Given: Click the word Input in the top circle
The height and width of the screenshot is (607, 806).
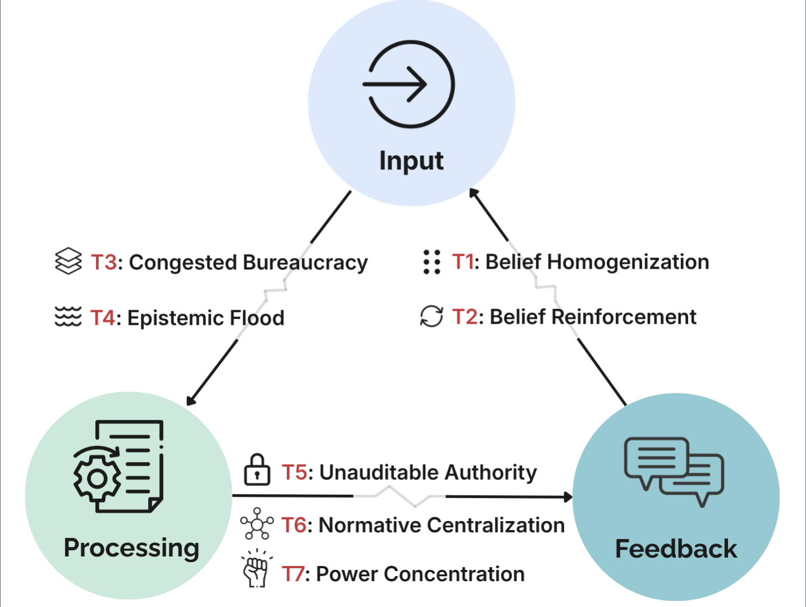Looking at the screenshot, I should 411,161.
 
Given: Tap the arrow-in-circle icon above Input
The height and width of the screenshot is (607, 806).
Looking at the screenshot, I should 409,84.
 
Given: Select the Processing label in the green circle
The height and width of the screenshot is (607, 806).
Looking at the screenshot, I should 131,548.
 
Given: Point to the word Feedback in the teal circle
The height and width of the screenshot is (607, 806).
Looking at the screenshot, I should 676,549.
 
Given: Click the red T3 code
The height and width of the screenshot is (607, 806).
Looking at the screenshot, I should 104,263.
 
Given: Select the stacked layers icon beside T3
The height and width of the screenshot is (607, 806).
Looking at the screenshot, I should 68,261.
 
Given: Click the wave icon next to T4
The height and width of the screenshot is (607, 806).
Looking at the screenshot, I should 68,317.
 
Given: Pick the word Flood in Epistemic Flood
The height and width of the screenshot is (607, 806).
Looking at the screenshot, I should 257,318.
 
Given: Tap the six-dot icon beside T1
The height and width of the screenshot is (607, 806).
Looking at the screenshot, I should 431,262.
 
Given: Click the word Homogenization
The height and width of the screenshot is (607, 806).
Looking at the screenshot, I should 628,262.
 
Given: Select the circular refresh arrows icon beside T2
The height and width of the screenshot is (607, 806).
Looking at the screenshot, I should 431,316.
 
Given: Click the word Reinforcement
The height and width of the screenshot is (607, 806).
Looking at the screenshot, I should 624,317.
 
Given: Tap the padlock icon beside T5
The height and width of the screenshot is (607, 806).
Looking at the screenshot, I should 257,470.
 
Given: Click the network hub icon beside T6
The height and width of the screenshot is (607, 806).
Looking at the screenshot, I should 257,524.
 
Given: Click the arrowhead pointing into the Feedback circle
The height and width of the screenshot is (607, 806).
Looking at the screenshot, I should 568,496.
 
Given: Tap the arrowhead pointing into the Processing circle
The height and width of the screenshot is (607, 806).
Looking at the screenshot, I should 191,400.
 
